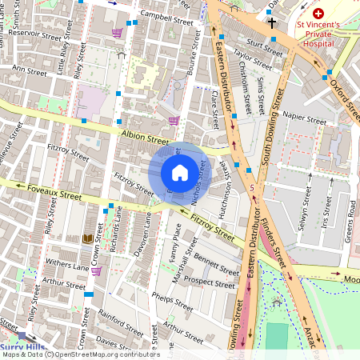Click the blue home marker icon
pos(180,172)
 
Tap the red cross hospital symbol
pos(318,14)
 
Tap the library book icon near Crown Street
pos(87,238)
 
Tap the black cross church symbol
pos(272,23)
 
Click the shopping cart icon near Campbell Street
pos(118,33)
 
